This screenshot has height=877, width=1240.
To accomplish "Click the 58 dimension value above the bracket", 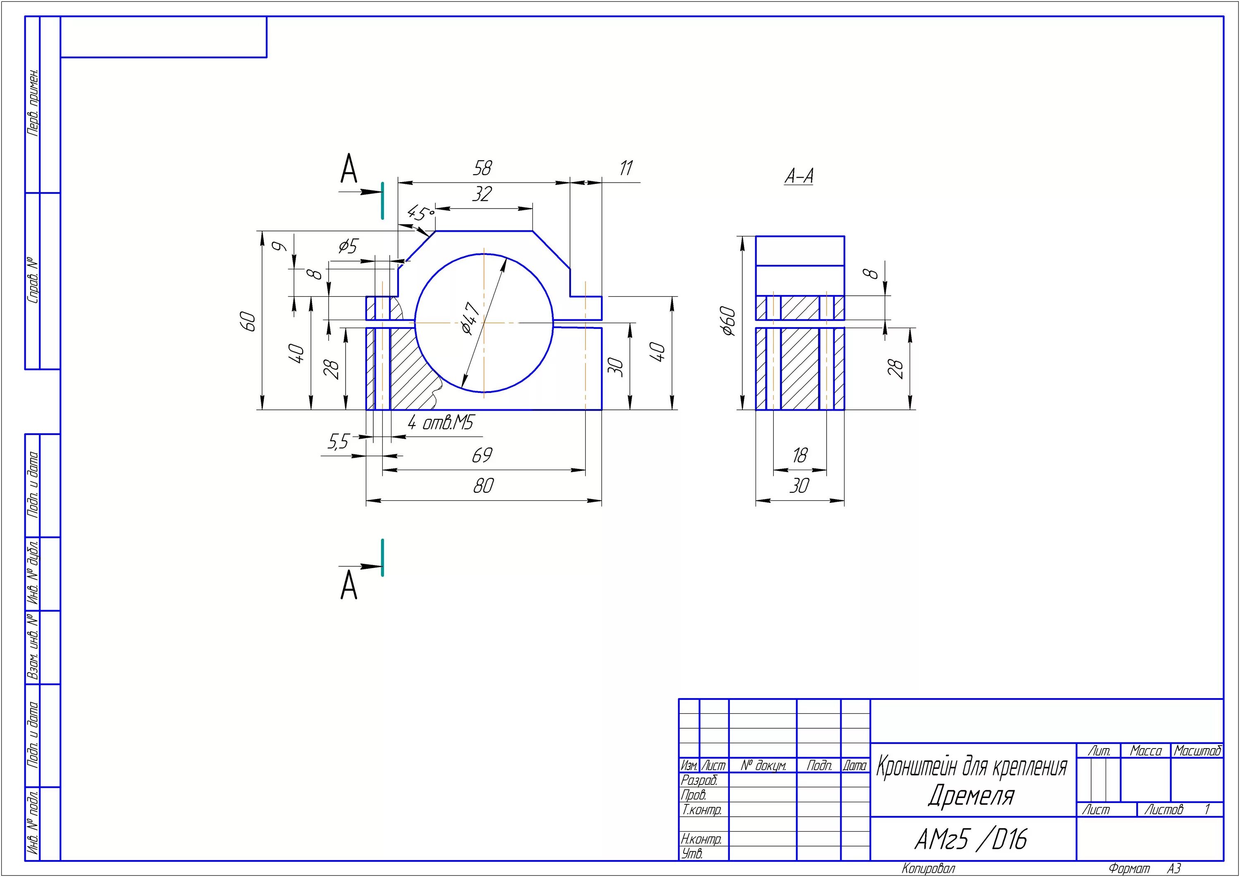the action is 482,168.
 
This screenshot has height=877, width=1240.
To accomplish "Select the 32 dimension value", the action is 482,194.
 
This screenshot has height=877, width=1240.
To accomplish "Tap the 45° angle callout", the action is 420,213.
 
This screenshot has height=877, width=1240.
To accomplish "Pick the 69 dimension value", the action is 482,456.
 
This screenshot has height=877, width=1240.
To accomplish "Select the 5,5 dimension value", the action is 338,442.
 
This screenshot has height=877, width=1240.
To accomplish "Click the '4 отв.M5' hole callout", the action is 440,423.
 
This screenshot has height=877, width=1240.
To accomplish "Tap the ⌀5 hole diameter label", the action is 348,247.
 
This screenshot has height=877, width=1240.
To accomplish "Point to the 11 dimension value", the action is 626,168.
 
